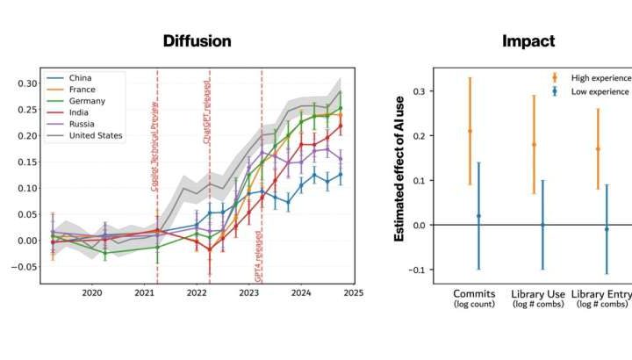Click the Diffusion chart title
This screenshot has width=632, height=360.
click(197, 41)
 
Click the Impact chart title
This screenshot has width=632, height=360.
click(528, 41)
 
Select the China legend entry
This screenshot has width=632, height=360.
click(78, 78)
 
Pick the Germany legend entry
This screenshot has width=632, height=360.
click(84, 101)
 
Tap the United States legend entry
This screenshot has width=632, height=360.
click(93, 135)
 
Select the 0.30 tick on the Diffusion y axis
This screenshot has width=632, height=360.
click(25, 83)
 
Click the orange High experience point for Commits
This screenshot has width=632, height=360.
click(469, 131)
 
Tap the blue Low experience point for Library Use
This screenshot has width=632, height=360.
click(542, 225)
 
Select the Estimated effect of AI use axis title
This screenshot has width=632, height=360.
click(400, 181)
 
